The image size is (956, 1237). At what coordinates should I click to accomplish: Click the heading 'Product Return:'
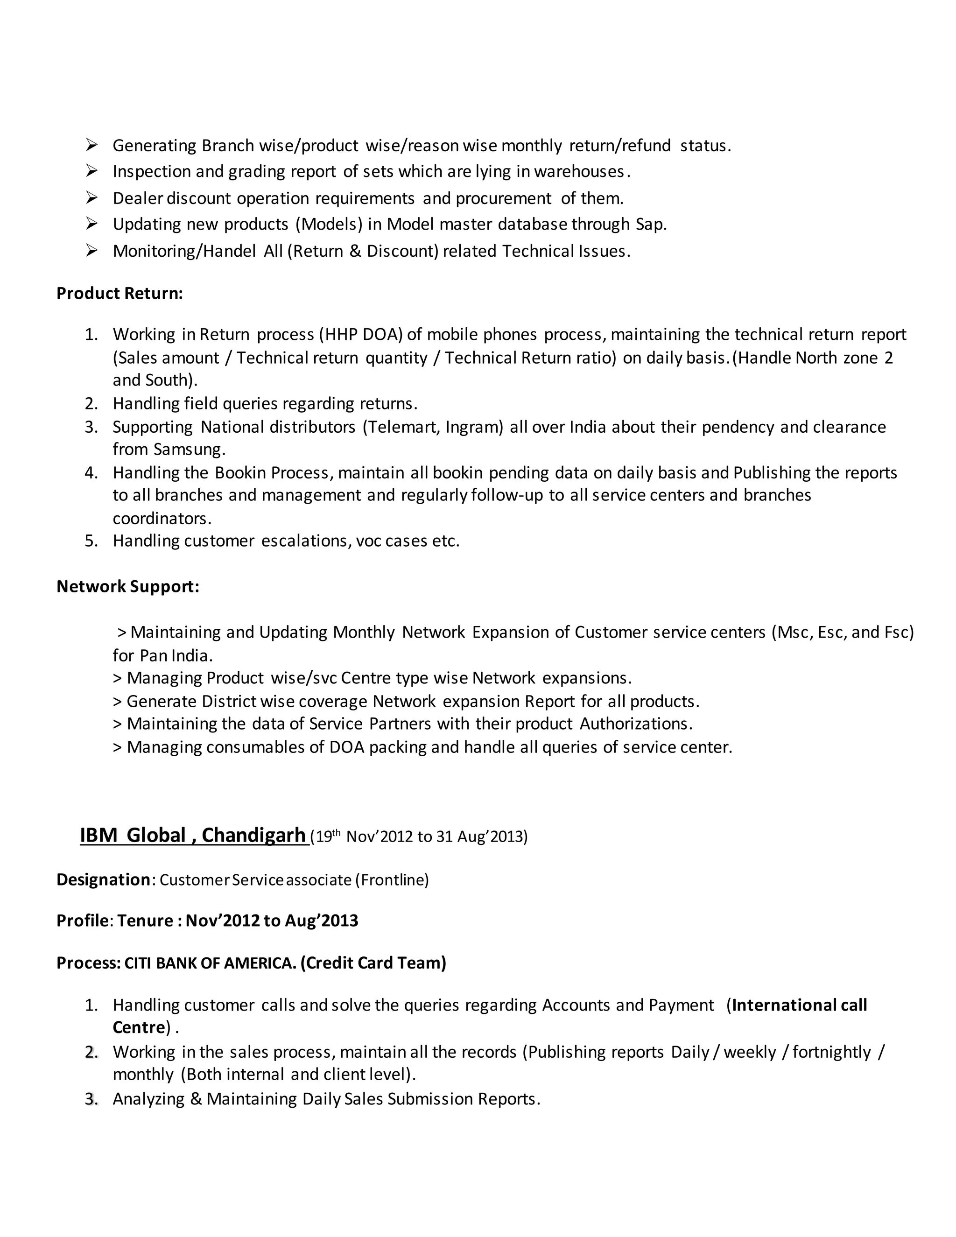tap(119, 294)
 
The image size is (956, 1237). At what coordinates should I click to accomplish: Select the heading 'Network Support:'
tap(127, 586)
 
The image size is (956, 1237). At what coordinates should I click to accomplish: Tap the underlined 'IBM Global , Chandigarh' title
tap(193, 836)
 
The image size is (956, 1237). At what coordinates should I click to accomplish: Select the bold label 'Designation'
tap(103, 879)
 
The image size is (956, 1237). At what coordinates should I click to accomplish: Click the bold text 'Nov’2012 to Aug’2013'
tap(272, 921)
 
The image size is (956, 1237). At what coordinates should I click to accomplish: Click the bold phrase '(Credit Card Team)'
tap(373, 963)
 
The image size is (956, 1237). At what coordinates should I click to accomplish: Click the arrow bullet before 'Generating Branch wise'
tap(92, 146)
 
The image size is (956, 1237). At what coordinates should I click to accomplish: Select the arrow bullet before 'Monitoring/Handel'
tap(92, 250)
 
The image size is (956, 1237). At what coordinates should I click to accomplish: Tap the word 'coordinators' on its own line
tap(161, 518)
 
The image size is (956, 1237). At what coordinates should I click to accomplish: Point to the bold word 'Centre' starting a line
tap(139, 1027)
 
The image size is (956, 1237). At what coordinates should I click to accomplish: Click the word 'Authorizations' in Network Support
tap(634, 724)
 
